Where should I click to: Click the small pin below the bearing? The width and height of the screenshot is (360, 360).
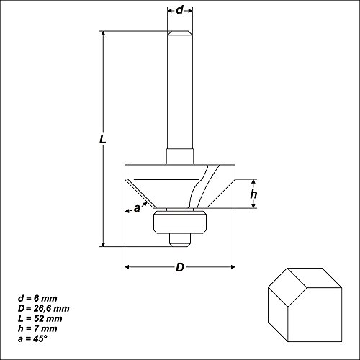179,238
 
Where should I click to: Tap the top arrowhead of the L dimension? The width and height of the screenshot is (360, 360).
104,35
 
